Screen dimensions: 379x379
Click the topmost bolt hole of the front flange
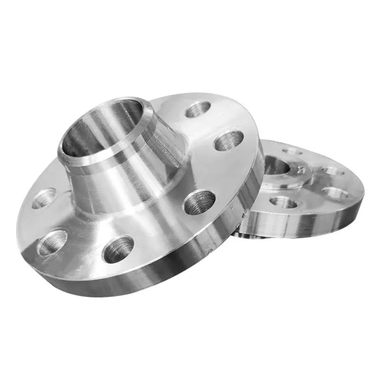coord(198,109)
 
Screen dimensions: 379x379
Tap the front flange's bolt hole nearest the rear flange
coord(229,141)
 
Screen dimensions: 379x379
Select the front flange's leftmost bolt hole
coord(44,199)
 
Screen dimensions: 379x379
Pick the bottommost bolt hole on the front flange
coord(118,249)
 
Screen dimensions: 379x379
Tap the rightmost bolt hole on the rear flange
coord(335,193)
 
